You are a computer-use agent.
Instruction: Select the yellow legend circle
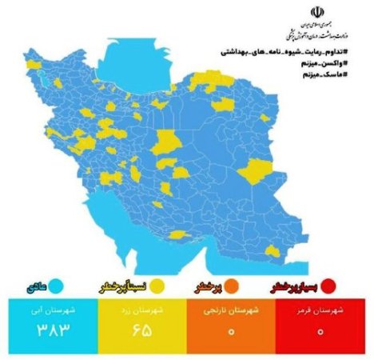(x=158, y=284)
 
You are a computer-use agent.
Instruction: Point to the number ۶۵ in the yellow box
(x=141, y=330)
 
